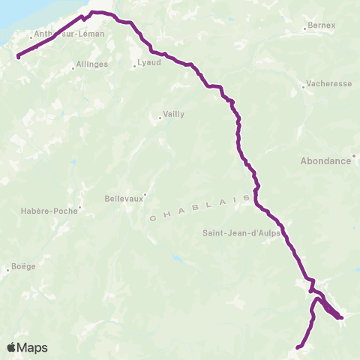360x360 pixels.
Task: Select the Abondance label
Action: [325, 160]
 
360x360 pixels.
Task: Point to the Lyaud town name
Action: [149, 63]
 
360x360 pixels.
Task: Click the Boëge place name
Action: [22, 266]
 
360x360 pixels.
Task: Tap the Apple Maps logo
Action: [27, 347]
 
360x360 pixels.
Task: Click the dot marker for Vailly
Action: [160, 118]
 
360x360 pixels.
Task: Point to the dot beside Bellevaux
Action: [145, 193]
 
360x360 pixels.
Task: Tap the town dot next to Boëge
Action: [7, 270]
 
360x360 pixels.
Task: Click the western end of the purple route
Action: [17, 55]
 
